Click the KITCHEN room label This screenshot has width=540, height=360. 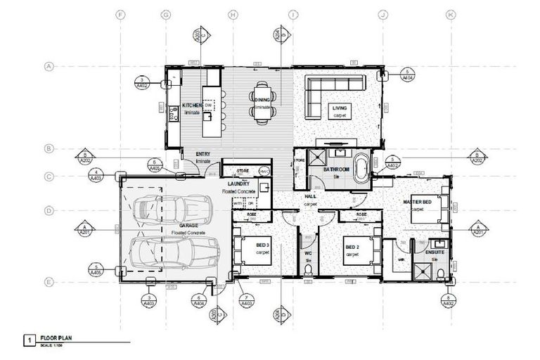pos(192,105)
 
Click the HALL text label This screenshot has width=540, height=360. pos(310,197)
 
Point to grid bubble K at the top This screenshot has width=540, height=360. pos(451,13)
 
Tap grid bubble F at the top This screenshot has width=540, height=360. pos(121,13)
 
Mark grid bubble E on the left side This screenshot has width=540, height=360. pos(49,283)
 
